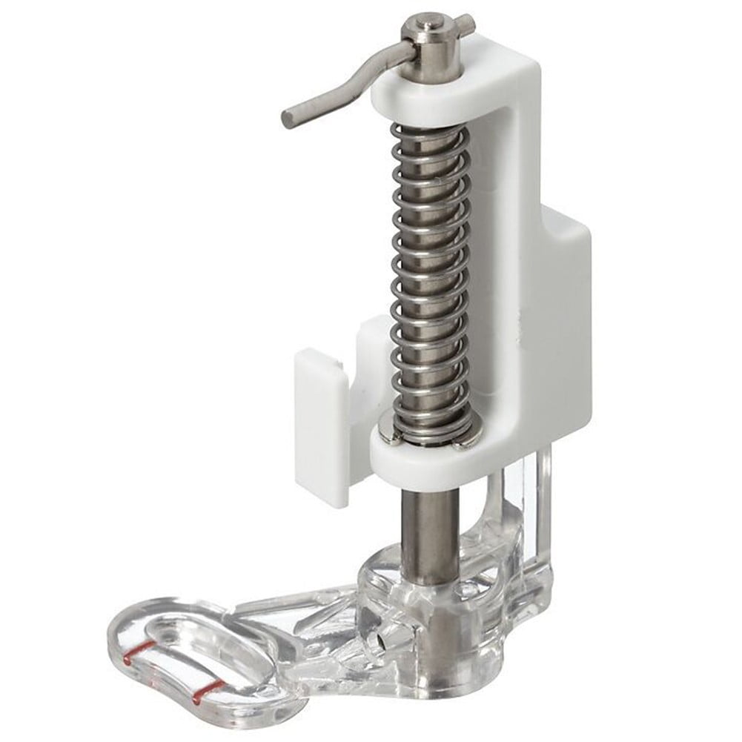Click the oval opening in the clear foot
pyautogui.click(x=215, y=652)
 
